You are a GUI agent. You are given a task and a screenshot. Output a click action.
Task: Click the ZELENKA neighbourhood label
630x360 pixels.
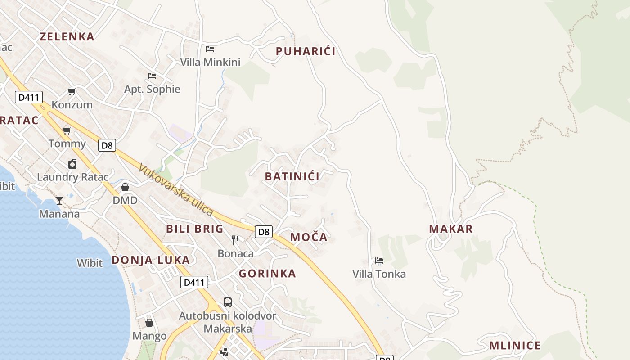click(x=67, y=37)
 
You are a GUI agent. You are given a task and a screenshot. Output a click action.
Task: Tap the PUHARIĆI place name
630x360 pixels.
click(x=306, y=51)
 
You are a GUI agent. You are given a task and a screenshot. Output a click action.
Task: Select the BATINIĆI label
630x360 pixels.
click(x=292, y=176)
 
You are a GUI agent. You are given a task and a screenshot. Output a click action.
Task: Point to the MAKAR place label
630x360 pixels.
click(x=451, y=229)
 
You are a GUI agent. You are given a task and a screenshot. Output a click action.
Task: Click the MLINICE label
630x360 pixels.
click(x=515, y=346)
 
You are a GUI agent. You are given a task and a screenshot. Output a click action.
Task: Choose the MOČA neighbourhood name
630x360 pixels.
click(x=309, y=237)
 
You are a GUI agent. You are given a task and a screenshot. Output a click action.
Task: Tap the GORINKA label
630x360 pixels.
click(x=267, y=274)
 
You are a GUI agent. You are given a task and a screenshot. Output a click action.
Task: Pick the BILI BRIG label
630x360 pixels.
click(x=195, y=229)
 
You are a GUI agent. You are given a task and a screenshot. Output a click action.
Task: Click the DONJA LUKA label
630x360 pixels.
click(x=151, y=260)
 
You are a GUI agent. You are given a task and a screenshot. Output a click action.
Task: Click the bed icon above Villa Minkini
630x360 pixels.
click(x=210, y=49)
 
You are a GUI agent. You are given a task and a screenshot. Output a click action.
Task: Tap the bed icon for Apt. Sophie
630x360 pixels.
click(x=152, y=76)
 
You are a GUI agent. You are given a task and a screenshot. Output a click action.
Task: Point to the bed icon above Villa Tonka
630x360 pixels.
click(x=379, y=261)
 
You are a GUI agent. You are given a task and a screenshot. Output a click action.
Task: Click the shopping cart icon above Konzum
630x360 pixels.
click(x=72, y=92)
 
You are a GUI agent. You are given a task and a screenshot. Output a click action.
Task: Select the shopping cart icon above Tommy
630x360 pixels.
click(x=67, y=130)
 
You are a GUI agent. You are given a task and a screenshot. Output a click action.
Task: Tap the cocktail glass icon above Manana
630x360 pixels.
click(x=59, y=200)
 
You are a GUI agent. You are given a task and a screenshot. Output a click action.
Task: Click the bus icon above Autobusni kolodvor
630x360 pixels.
click(x=228, y=302)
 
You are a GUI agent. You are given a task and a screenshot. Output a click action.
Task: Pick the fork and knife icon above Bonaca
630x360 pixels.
click(x=235, y=240)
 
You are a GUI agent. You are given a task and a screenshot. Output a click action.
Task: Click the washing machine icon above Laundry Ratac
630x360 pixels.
click(x=72, y=164)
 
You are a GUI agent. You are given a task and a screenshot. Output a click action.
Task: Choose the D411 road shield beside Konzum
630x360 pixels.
click(x=29, y=97)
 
